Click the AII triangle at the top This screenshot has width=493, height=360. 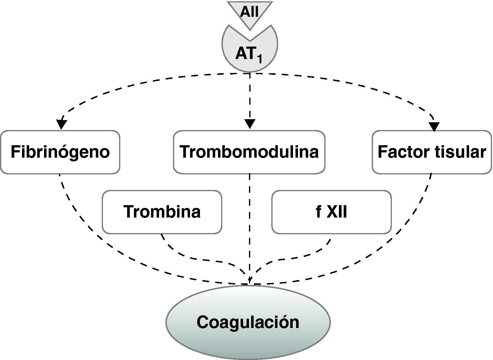click(x=250, y=12)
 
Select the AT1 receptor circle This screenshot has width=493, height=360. click(x=250, y=51)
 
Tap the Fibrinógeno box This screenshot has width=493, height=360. click(x=60, y=152)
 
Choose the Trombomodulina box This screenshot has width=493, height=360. click(x=249, y=152)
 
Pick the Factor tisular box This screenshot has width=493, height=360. click(x=432, y=152)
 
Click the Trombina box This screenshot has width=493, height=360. click(x=162, y=212)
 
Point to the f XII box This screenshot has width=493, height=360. click(x=331, y=212)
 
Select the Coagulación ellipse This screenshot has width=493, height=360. click(x=248, y=322)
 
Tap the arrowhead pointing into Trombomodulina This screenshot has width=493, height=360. click(x=250, y=124)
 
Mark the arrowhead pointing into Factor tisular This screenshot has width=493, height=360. click(x=434, y=126)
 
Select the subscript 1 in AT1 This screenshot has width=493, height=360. click(x=259, y=59)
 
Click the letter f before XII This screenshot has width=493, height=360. click(x=318, y=212)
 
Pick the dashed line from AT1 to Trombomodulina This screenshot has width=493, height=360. click(x=250, y=96)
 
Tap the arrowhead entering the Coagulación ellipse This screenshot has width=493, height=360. click(x=249, y=281)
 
